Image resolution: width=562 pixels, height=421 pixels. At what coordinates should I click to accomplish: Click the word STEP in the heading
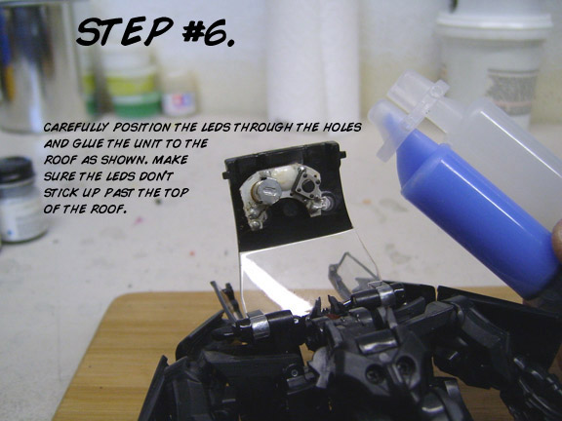pyautogui.click(x=125, y=31)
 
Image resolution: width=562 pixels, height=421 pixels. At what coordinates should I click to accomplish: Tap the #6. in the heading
pyautogui.click(x=208, y=33)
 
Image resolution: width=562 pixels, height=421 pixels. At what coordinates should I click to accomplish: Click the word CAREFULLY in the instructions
pyautogui.click(x=76, y=128)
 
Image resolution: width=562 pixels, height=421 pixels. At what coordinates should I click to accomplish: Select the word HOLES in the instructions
pyautogui.click(x=341, y=127)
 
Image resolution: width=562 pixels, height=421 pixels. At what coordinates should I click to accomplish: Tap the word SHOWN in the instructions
pyautogui.click(x=124, y=160)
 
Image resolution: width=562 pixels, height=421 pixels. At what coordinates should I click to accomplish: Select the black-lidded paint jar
pyautogui.click(x=20, y=200)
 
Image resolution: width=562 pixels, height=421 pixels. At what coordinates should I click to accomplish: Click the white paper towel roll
pyautogui.click(x=312, y=59)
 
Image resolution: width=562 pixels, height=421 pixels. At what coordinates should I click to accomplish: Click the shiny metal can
pyautogui.click(x=39, y=64)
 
